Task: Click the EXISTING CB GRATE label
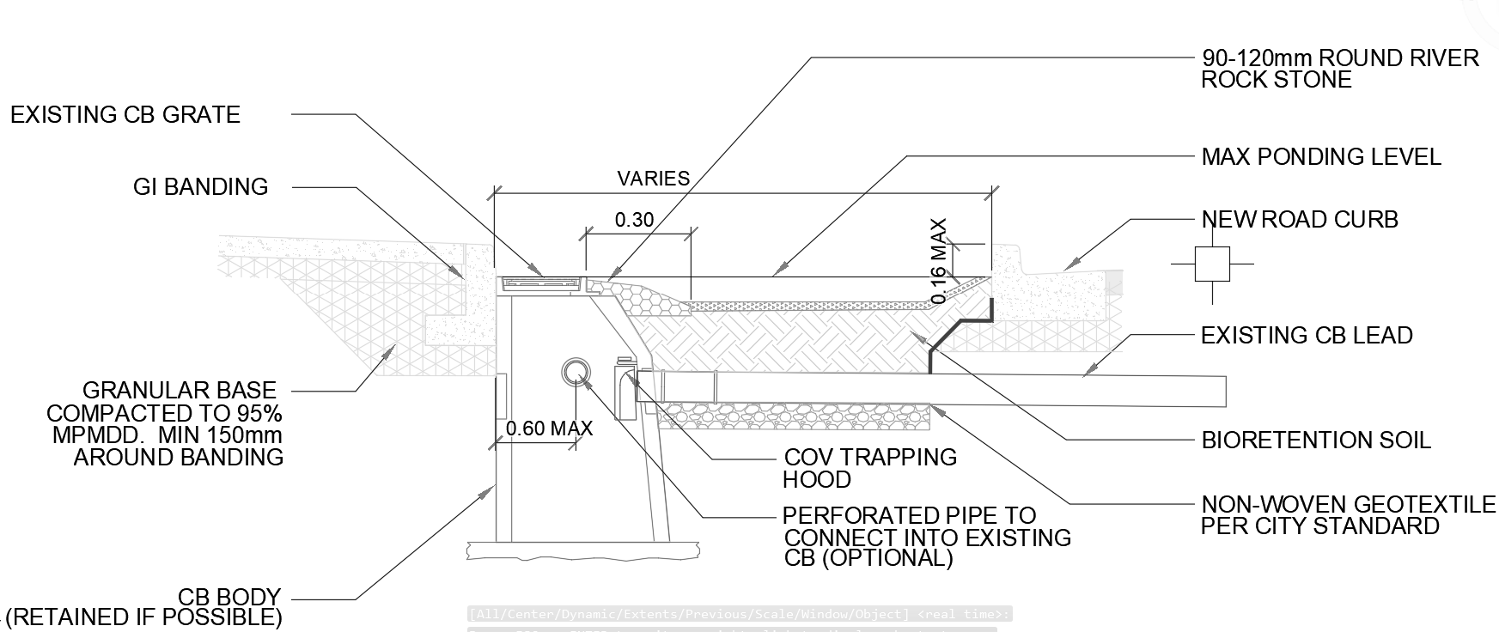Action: pyautogui.click(x=125, y=115)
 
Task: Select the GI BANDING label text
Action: pyautogui.click(x=200, y=187)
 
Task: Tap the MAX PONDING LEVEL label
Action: pyautogui.click(x=1320, y=157)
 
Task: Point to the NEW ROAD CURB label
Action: pyautogui.click(x=1299, y=220)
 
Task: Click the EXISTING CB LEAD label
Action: pyautogui.click(x=1306, y=336)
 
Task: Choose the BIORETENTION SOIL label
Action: pyautogui.click(x=1315, y=441)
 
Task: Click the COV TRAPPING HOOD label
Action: pyautogui.click(x=869, y=468)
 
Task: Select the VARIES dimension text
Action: pyautogui.click(x=653, y=179)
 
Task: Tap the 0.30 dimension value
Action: pyautogui.click(x=634, y=220)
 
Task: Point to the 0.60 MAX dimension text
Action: pyautogui.click(x=549, y=428)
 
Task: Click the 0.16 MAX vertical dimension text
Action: pyautogui.click(x=939, y=261)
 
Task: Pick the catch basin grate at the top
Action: pyautogui.click(x=541, y=282)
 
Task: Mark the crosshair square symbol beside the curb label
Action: pyautogui.click(x=1212, y=264)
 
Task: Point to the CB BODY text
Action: pyautogui.click(x=229, y=597)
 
